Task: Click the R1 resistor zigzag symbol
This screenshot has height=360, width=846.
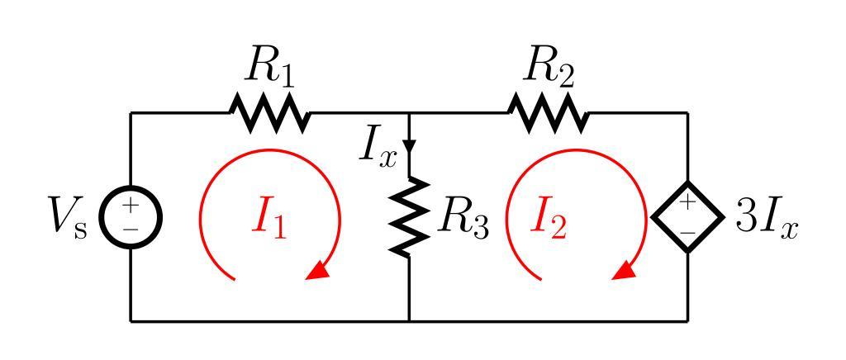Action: click(269, 113)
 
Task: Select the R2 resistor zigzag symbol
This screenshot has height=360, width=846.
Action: click(549, 113)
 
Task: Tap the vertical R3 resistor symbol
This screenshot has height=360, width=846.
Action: click(411, 216)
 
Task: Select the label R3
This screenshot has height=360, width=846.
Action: click(463, 218)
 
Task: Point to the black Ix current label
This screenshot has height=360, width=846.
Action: click(378, 149)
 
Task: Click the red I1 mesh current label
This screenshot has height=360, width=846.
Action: click(269, 219)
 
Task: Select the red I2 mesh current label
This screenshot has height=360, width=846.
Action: click(549, 219)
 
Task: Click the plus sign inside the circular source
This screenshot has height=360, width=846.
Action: click(131, 206)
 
